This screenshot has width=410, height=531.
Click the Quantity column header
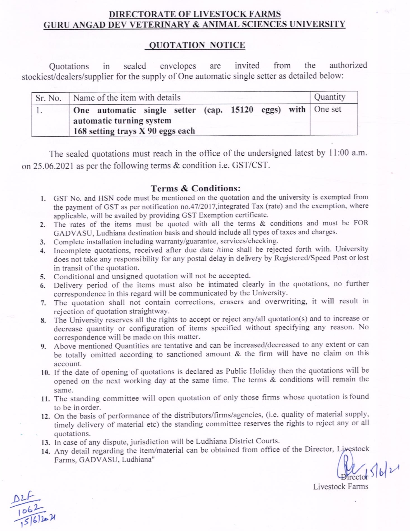[x=330, y=97]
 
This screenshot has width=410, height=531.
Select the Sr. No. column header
[x=48, y=98]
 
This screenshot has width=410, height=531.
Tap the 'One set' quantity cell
[x=328, y=109]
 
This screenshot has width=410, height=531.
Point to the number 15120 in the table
[x=242, y=109]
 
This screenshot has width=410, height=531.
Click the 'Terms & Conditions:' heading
[x=196, y=188]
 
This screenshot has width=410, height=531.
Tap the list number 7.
[x=43, y=303]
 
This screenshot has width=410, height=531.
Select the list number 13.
[x=45, y=443]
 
